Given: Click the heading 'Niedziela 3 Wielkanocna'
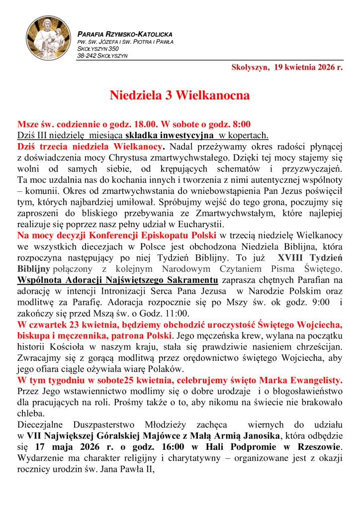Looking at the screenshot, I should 180,95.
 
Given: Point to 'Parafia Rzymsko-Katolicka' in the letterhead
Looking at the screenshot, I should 125,34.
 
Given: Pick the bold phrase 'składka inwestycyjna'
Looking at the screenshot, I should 170,135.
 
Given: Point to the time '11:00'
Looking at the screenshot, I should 175,313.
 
